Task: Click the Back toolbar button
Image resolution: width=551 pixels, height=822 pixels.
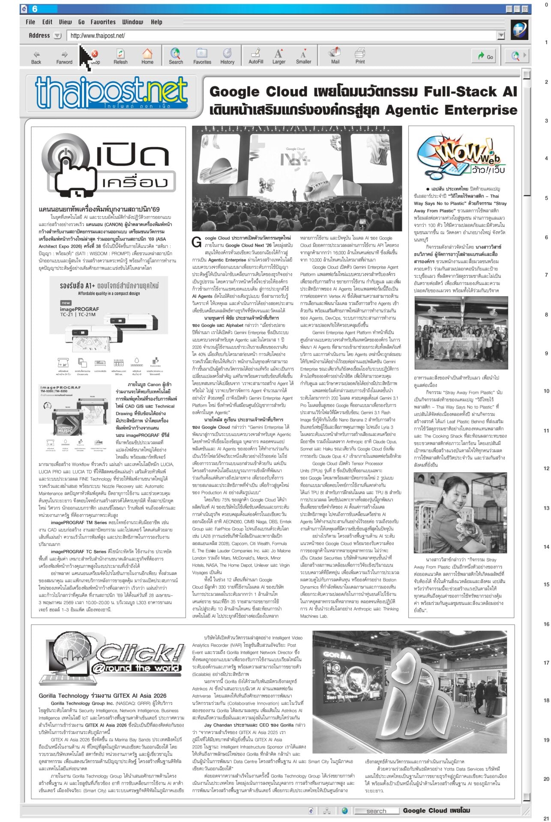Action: click(x=36, y=56)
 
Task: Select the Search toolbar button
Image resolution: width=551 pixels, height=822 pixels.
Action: click(x=176, y=56)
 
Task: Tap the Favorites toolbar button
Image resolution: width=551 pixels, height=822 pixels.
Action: click(x=202, y=56)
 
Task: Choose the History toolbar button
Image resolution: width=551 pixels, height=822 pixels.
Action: click(x=227, y=56)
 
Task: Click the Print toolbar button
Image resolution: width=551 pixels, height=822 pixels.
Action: click(x=360, y=56)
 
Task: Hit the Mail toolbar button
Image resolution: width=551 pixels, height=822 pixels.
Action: click(x=335, y=56)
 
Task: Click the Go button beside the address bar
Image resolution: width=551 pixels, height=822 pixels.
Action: click(x=486, y=57)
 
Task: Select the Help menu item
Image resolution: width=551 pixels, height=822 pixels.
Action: click(x=156, y=22)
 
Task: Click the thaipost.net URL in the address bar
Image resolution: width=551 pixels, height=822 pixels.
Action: click(x=98, y=36)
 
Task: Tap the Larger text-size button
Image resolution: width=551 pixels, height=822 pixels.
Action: click(x=278, y=56)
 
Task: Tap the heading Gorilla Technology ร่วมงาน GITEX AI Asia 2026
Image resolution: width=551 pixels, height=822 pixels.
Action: click(x=102, y=696)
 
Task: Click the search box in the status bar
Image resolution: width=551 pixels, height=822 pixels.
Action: click(x=376, y=811)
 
